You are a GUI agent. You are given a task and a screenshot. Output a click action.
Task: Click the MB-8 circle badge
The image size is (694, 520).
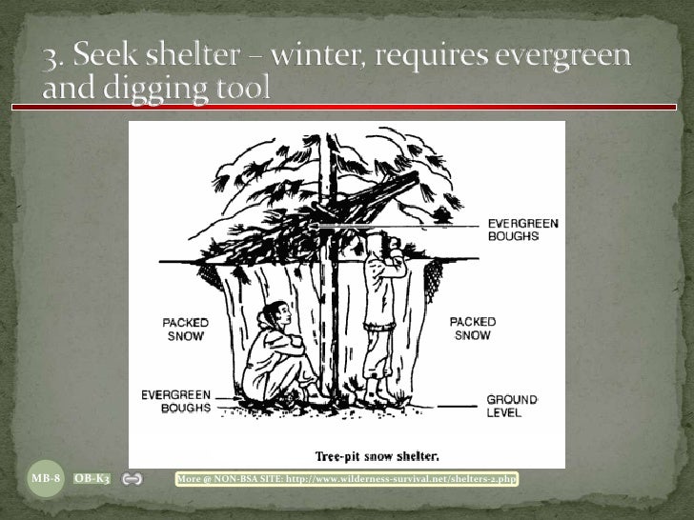pyautogui.click(x=46, y=478)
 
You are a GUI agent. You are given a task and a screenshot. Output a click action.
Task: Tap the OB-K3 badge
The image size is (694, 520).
pyautogui.click(x=92, y=478)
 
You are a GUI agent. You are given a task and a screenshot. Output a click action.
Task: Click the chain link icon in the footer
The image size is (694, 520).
pyautogui.click(x=133, y=478)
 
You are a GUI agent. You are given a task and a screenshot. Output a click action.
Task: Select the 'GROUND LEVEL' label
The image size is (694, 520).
pyautogui.click(x=512, y=406)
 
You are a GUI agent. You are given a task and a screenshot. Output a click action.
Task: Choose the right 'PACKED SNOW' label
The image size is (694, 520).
pyautogui.click(x=471, y=329)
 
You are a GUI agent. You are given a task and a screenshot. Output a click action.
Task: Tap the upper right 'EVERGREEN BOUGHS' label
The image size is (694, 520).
pyautogui.click(x=522, y=229)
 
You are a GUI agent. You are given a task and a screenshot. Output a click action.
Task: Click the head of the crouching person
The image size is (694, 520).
pyautogui.click(x=270, y=314)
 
